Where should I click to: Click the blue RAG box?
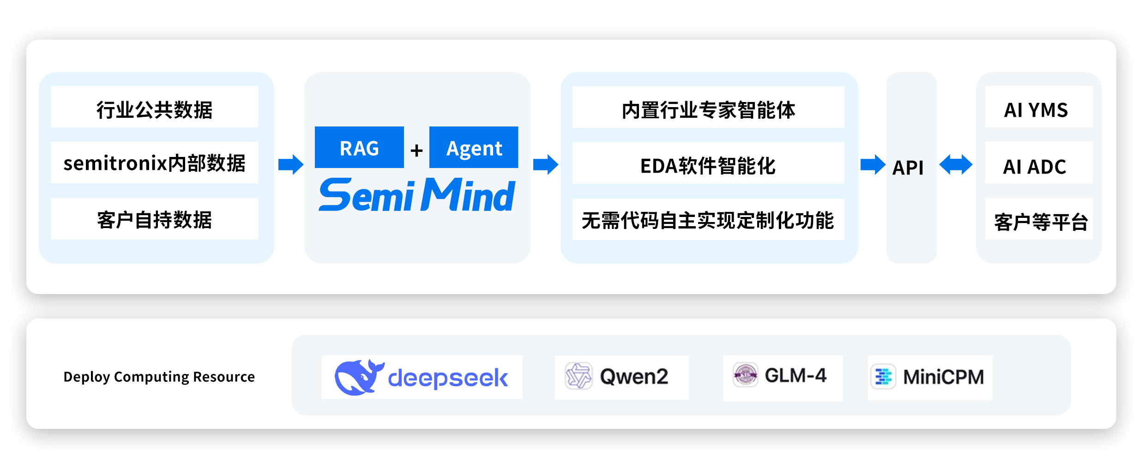(x=359, y=147)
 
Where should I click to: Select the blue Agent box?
(x=473, y=147)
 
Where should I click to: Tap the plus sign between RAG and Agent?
(x=416, y=150)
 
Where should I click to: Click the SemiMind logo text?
(x=416, y=195)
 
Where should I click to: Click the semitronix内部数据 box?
(x=154, y=163)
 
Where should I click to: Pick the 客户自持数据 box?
(x=154, y=219)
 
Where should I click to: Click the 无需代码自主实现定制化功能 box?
(x=708, y=219)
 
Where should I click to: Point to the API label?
(x=908, y=167)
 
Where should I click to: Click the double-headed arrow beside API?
(x=956, y=164)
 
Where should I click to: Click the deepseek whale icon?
(x=358, y=377)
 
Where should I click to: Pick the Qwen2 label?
(x=633, y=377)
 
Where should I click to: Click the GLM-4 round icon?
(x=745, y=375)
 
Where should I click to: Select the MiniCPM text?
(x=943, y=377)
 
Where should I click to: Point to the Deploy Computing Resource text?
(x=159, y=377)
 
